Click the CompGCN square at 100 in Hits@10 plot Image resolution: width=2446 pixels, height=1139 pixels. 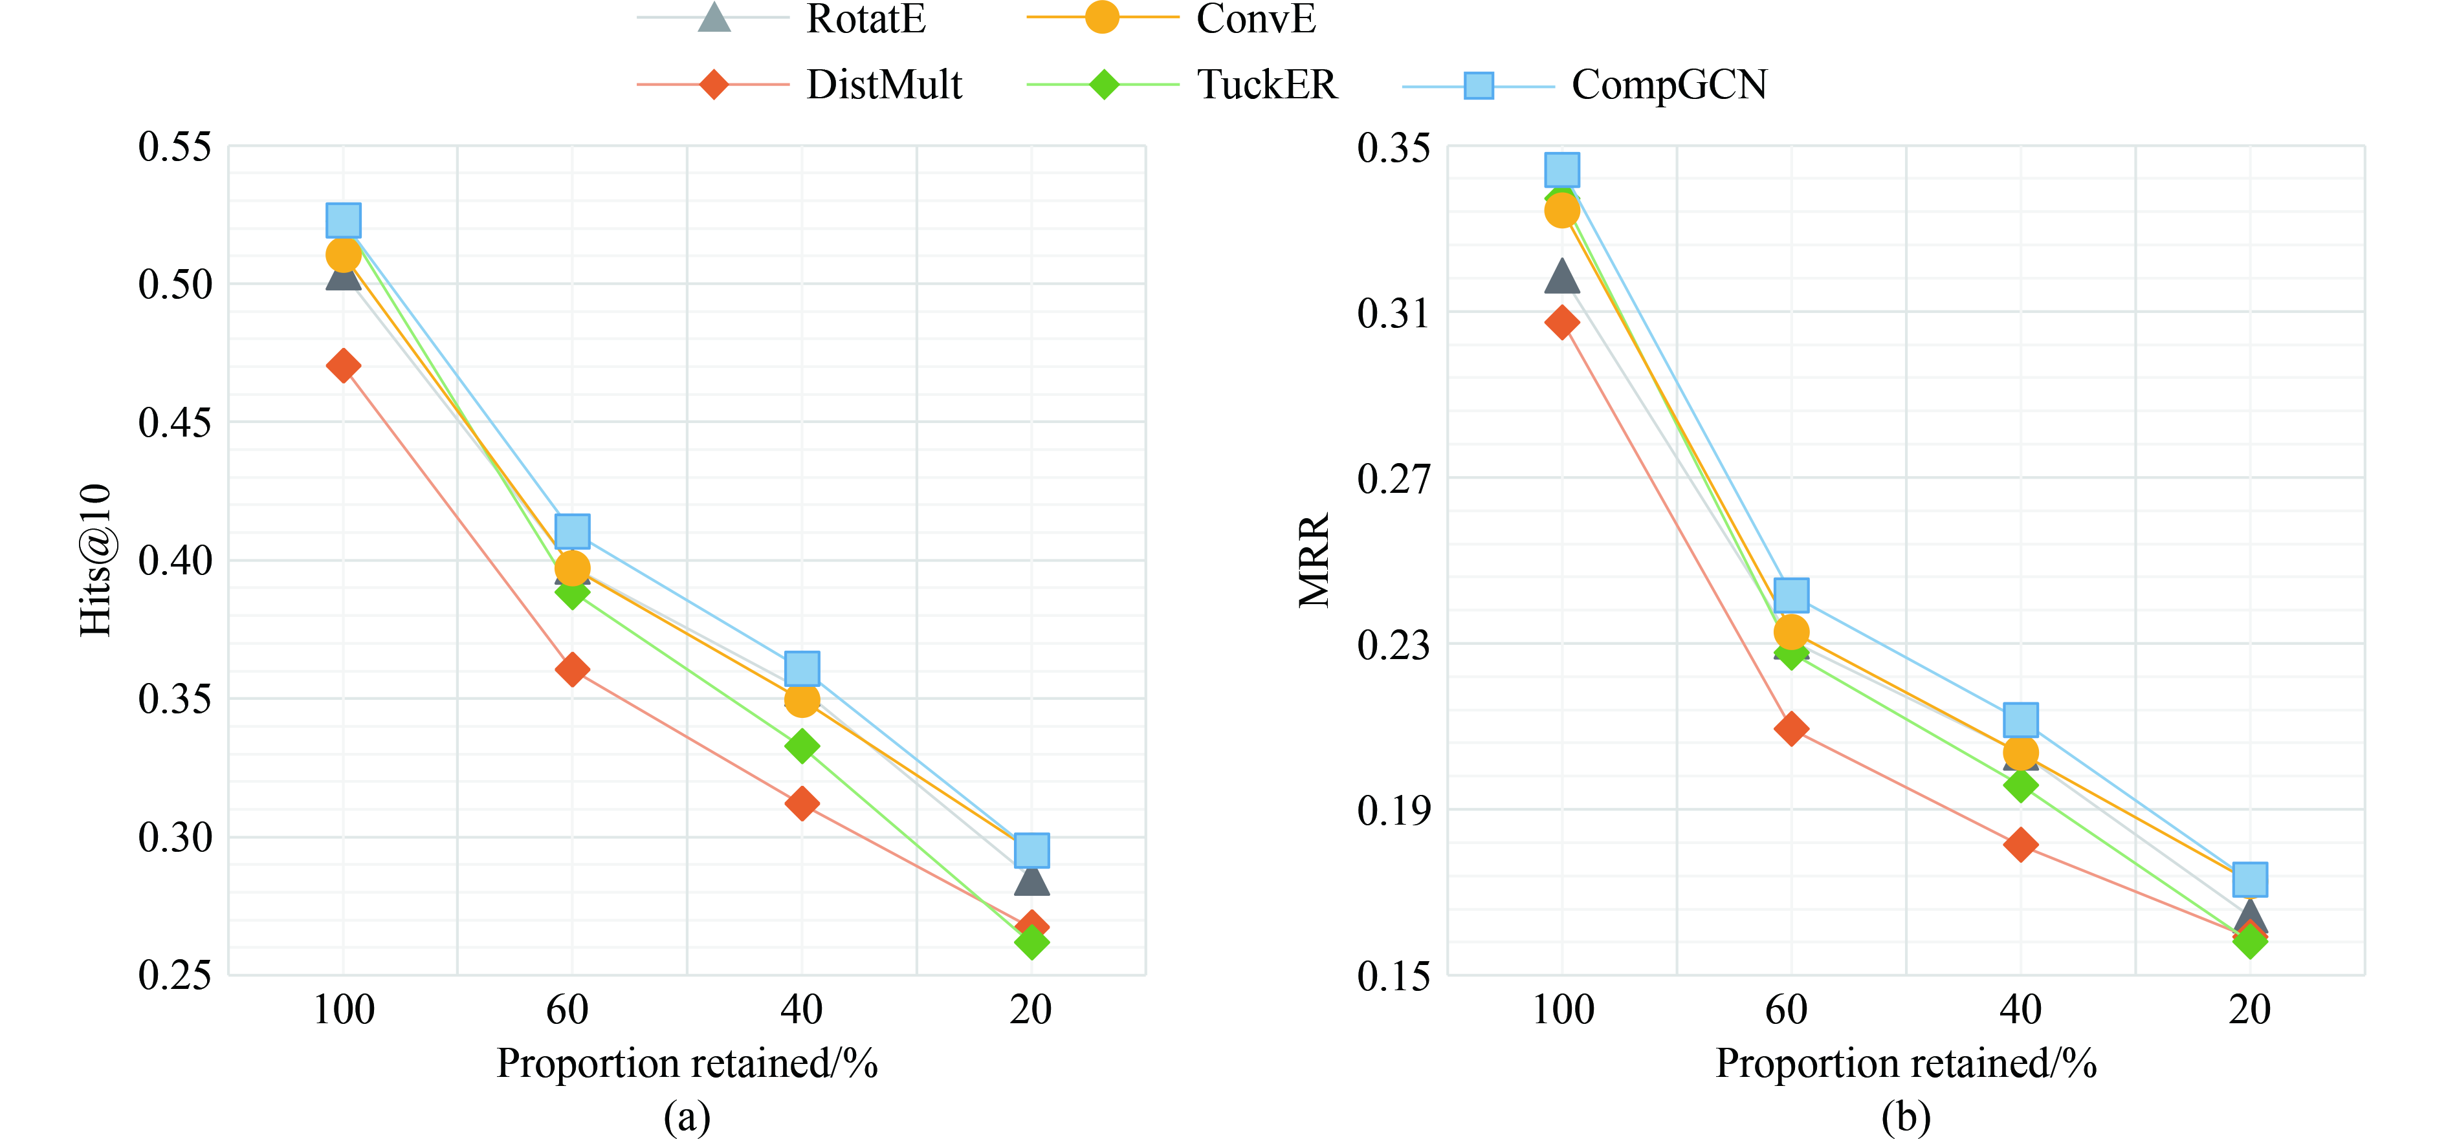pyautogui.click(x=343, y=220)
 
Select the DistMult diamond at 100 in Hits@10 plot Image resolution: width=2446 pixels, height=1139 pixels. pyautogui.click(x=343, y=365)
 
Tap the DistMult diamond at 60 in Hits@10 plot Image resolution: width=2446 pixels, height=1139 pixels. pyautogui.click(x=571, y=669)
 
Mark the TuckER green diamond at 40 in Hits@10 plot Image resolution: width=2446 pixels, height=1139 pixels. pyautogui.click(x=801, y=746)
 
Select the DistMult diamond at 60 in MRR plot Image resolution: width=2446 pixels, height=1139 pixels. pyautogui.click(x=1791, y=729)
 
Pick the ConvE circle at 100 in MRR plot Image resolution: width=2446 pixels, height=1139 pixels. pyautogui.click(x=1562, y=210)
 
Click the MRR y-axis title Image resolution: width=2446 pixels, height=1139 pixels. pyautogui.click(x=1315, y=560)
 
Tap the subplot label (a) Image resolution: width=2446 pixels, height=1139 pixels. pyautogui.click(x=687, y=1117)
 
